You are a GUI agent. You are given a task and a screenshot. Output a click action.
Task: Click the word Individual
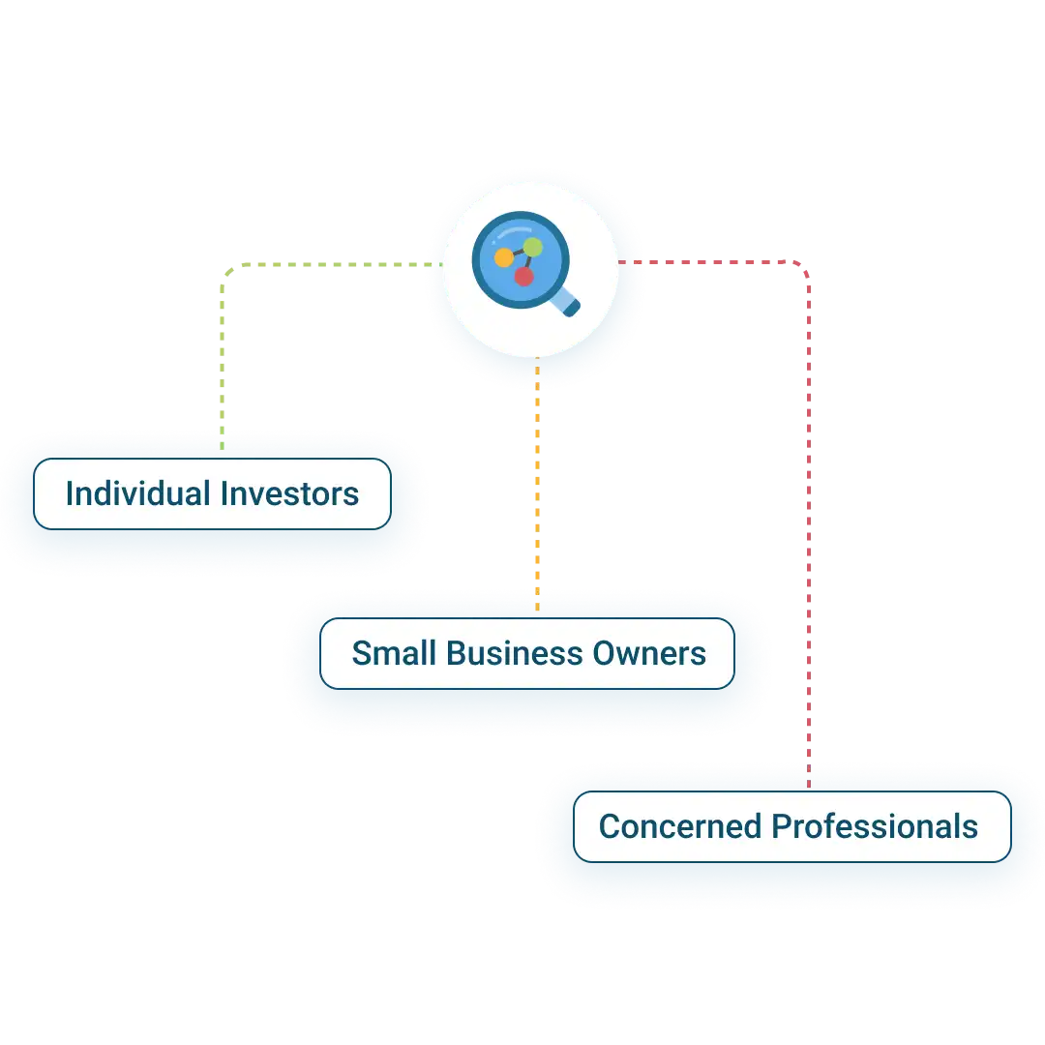tap(138, 494)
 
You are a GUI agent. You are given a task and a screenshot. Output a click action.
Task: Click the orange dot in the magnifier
tap(504, 258)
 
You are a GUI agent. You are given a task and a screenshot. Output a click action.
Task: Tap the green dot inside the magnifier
tap(533, 248)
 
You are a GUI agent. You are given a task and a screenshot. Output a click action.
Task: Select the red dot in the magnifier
tap(523, 277)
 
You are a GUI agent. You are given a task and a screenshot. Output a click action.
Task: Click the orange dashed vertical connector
tap(537, 484)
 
